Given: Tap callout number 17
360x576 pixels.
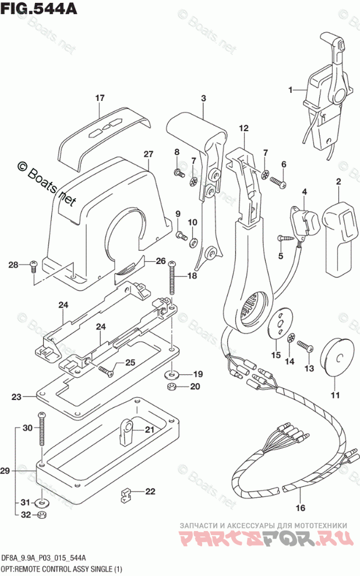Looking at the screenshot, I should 100,97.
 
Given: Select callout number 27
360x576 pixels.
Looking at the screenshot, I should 148,154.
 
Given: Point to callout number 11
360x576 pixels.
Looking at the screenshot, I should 334,396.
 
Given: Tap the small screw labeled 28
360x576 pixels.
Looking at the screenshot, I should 34,265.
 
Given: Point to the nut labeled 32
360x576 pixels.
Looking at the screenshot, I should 42,515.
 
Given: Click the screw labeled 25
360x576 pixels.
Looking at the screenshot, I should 105,370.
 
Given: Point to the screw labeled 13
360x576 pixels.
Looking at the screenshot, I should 306,347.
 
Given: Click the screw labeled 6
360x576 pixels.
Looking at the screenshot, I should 277,182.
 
